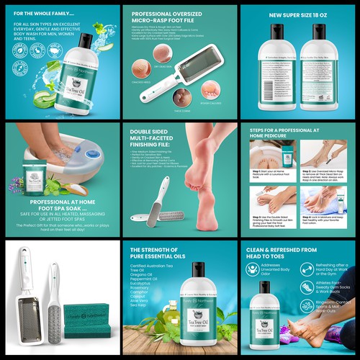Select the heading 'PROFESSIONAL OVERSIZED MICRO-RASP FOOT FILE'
click(174, 17)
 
